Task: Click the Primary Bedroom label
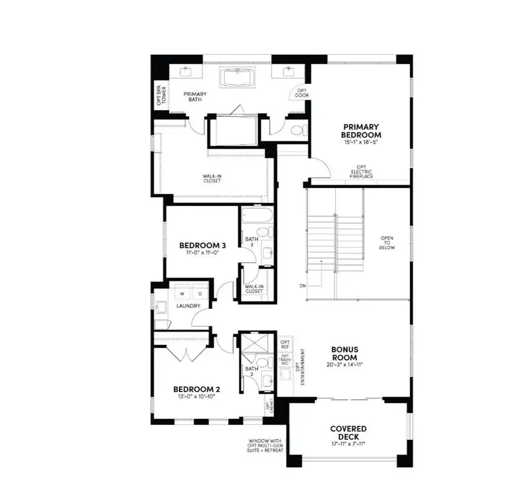361,130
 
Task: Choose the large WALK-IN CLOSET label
211,178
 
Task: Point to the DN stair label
302,285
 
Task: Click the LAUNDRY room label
188,306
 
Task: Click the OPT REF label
286,345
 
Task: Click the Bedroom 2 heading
197,390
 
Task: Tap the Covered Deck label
348,432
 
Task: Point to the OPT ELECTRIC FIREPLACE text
362,172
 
